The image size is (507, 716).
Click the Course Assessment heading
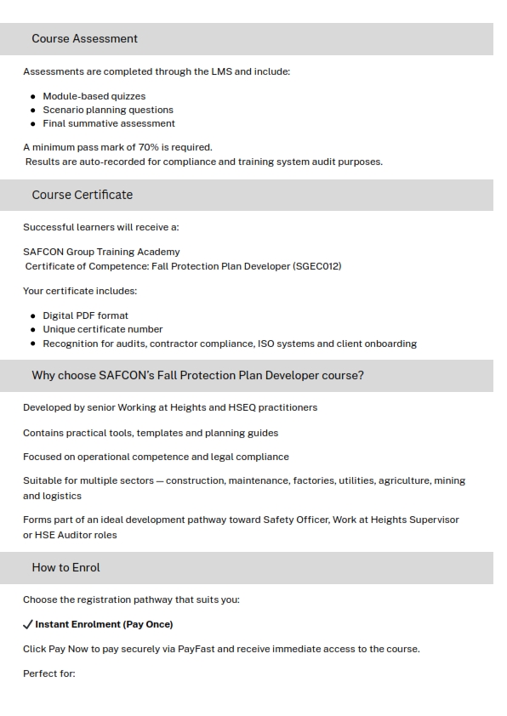84,39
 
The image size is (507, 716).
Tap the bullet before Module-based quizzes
33,97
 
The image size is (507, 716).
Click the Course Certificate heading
82,195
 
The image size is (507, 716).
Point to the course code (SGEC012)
316,266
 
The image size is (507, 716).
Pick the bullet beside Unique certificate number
33,329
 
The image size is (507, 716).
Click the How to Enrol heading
66,567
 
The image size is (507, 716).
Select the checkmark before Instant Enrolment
28,624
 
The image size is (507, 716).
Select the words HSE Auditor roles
71,535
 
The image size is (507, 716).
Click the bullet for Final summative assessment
33,123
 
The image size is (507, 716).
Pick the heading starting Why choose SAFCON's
197,375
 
